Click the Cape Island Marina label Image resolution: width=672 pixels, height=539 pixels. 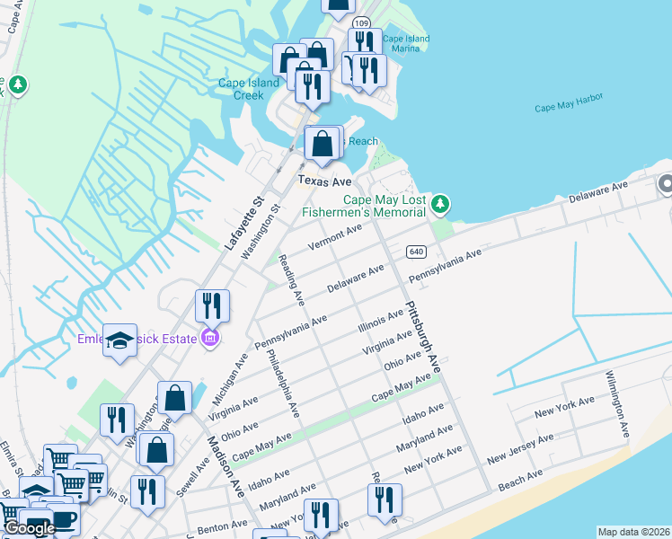coord(406,44)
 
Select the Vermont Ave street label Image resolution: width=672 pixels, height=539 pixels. coord(334,238)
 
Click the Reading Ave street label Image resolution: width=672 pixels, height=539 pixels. coord(289,275)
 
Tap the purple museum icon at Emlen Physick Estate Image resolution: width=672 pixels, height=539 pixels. coord(209,338)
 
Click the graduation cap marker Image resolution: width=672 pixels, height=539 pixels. coord(119,340)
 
